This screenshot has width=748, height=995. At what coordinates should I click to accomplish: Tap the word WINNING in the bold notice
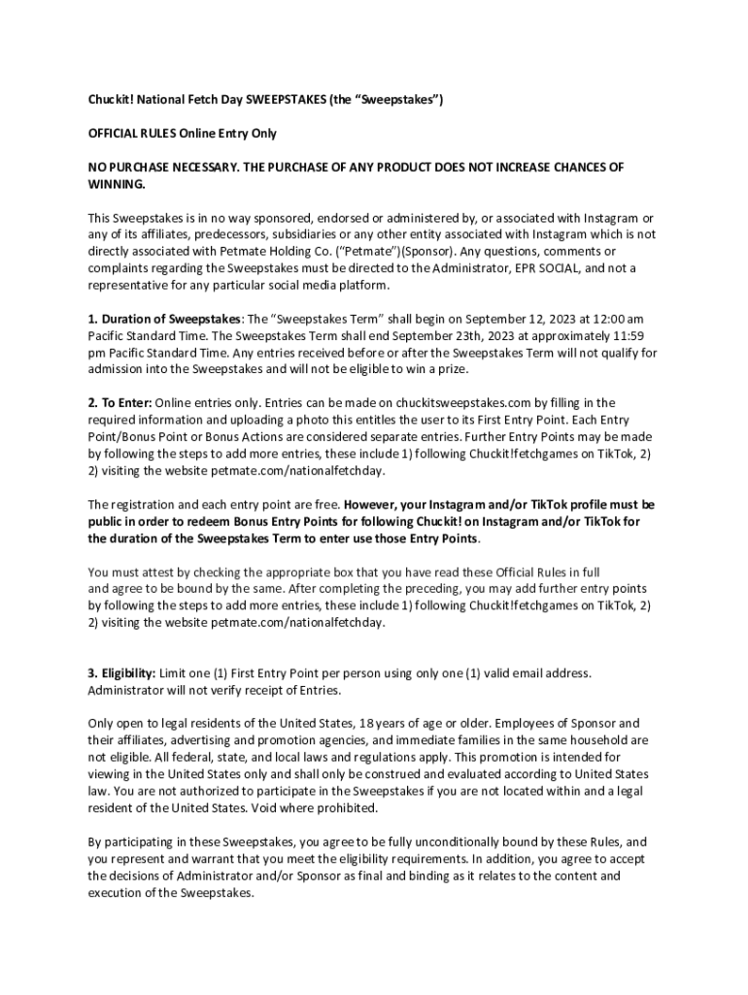(x=116, y=184)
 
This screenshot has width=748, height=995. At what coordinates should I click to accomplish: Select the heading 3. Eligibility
(x=121, y=673)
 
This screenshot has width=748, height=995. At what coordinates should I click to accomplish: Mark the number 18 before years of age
(x=366, y=724)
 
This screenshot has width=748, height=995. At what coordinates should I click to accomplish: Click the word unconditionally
(x=512, y=841)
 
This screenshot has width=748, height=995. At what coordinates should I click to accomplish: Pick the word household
(x=575, y=740)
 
